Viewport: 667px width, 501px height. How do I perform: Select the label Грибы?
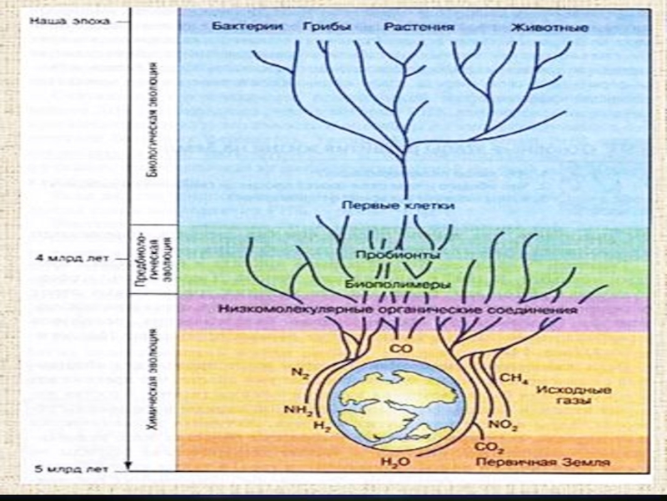point(331,28)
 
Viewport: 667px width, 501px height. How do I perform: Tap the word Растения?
point(419,28)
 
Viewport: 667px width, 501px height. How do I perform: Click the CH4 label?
point(511,378)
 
